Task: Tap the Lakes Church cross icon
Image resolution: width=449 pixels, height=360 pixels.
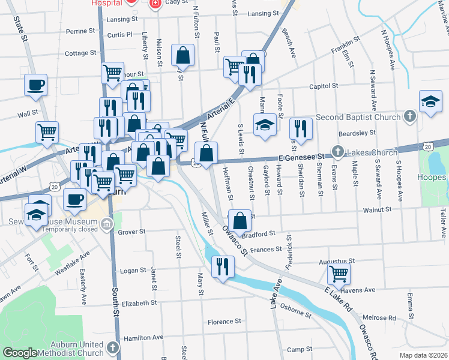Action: click(338, 152)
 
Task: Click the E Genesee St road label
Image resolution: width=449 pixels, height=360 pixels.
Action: click(301, 157)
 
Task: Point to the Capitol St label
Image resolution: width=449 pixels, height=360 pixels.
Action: click(324, 86)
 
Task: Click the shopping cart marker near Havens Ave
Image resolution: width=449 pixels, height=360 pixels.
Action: click(339, 275)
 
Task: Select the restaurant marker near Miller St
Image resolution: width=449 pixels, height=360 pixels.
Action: click(223, 267)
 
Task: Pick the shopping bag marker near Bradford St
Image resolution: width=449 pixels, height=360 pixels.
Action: click(240, 221)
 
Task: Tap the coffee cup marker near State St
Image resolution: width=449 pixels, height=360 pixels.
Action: click(35, 84)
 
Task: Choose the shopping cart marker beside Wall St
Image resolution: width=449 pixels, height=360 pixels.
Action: click(47, 132)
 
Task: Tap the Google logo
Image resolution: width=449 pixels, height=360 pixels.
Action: click(20, 353)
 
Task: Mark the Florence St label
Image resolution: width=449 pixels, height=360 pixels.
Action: click(224, 322)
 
